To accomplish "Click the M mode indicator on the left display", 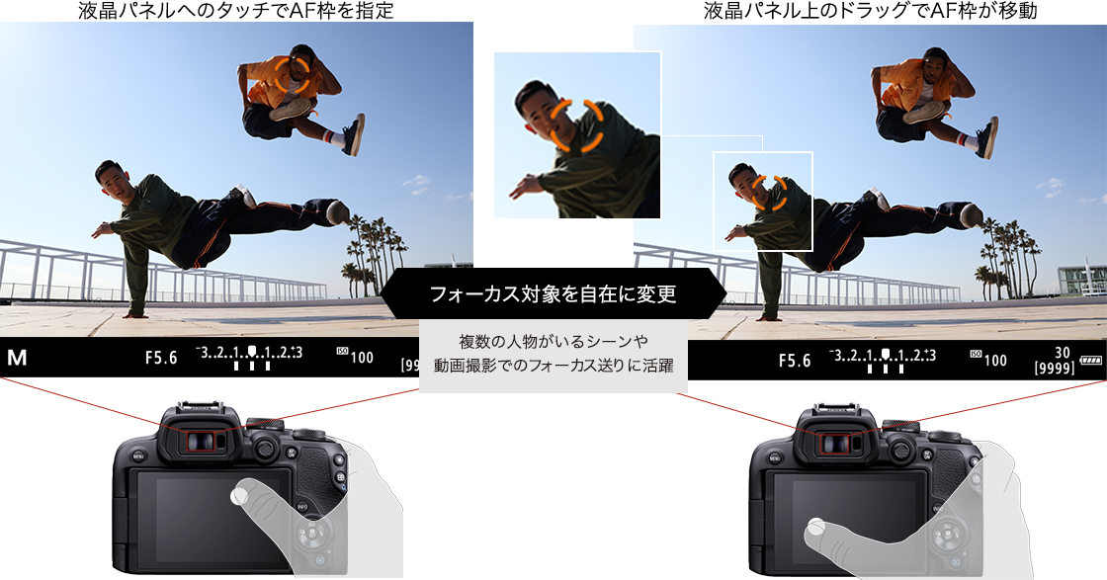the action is (x=17, y=358).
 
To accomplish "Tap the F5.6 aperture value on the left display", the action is (x=161, y=358).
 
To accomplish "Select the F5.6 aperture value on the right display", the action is (x=795, y=361).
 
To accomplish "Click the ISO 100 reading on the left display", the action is (x=355, y=356).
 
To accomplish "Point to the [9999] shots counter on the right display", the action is (x=1054, y=369).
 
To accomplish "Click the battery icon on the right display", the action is (x=1091, y=361).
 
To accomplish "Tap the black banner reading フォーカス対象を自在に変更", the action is (x=553, y=293).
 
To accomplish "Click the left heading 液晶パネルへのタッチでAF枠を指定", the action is (x=236, y=11).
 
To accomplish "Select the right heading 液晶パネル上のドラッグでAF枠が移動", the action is (x=870, y=11).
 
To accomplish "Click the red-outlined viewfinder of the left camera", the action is (x=202, y=442).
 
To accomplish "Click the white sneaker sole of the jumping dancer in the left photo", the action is (x=292, y=109).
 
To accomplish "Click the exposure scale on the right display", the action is (x=884, y=360).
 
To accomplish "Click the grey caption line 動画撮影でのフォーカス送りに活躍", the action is (x=553, y=366).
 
